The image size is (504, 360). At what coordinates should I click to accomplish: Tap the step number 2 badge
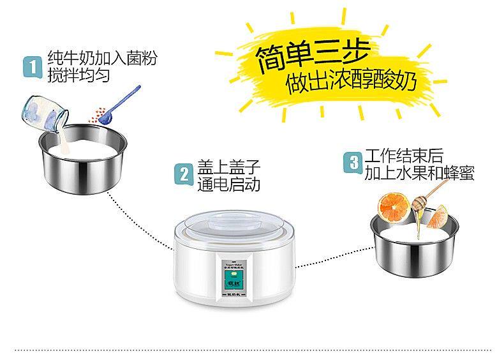tap(184, 174)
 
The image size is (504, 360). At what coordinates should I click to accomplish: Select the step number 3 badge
tap(352, 161)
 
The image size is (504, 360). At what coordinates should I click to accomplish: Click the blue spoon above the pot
tap(125, 102)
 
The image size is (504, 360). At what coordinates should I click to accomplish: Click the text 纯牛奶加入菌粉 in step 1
tap(101, 58)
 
